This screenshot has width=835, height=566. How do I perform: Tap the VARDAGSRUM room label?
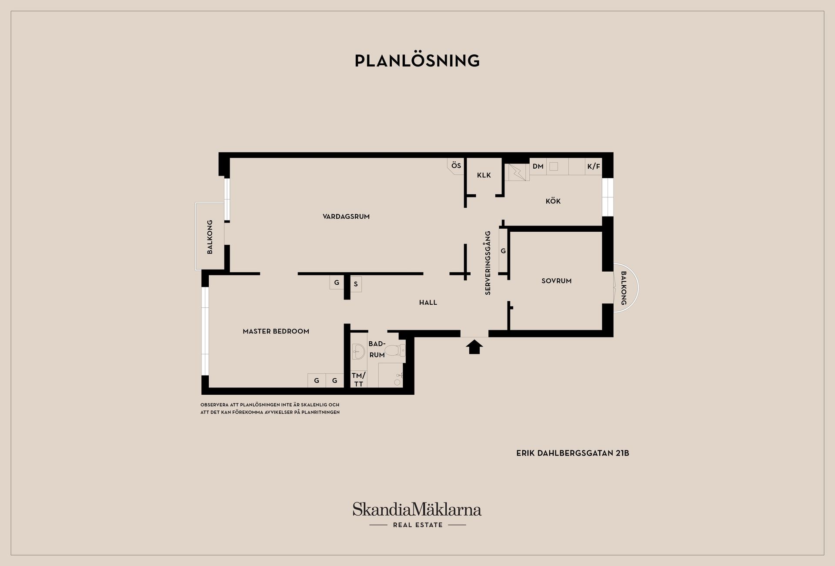(346, 216)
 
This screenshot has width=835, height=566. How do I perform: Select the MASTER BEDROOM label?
(276, 331)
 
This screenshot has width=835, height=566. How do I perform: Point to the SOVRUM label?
(556, 281)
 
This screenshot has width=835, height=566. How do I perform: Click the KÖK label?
(553, 201)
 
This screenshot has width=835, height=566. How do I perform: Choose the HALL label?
(428, 303)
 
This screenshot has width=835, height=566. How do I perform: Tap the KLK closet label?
(484, 175)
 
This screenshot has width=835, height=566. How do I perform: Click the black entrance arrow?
(474, 347)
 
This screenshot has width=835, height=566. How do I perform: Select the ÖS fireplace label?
(456, 166)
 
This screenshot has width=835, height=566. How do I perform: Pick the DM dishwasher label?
(538, 166)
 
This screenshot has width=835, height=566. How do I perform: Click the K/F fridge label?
(593, 166)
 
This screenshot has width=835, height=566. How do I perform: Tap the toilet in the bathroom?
(394, 350)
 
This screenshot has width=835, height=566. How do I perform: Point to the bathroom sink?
(358, 352)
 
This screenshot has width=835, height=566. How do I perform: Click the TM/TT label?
(358, 380)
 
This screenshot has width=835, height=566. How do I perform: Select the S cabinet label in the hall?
(356, 284)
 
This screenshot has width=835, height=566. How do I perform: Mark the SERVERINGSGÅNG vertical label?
(488, 263)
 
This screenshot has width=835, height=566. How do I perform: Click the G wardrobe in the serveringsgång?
(503, 251)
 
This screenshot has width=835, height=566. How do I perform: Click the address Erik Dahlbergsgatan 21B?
(572, 453)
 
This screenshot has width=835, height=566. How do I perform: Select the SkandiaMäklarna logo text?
(417, 509)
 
